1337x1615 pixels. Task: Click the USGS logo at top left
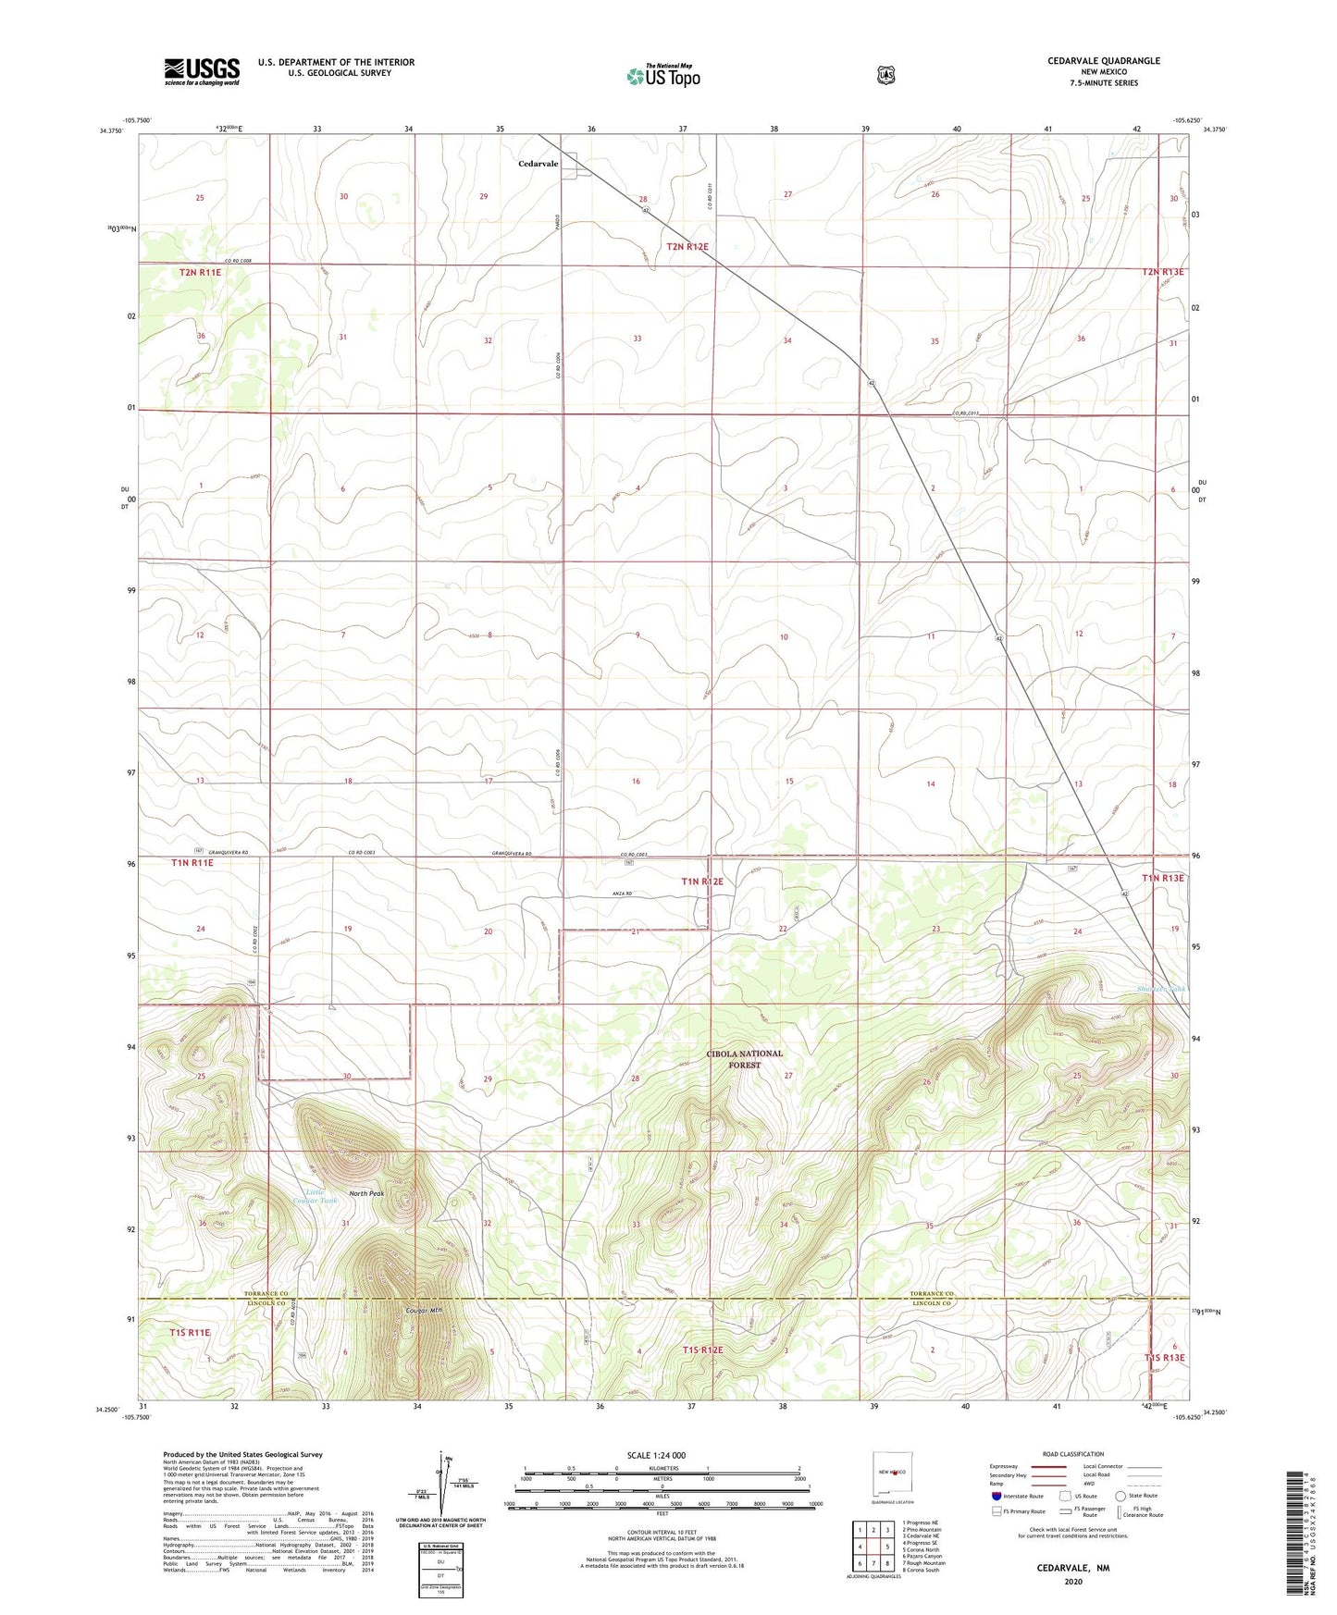tap(202, 70)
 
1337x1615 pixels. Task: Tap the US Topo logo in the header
tap(662, 76)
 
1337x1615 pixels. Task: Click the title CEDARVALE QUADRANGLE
tap(1103, 61)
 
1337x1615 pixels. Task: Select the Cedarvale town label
tap(538, 164)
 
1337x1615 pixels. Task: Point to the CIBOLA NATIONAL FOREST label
tap(744, 1059)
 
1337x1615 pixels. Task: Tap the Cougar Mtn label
tap(425, 1311)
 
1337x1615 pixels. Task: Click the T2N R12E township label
tap(687, 246)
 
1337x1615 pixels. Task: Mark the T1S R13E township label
tap(1163, 1357)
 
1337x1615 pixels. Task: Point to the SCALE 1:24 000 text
tap(656, 1455)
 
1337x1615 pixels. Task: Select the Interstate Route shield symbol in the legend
tap(996, 1495)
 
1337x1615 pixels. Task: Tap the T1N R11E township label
tap(192, 862)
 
